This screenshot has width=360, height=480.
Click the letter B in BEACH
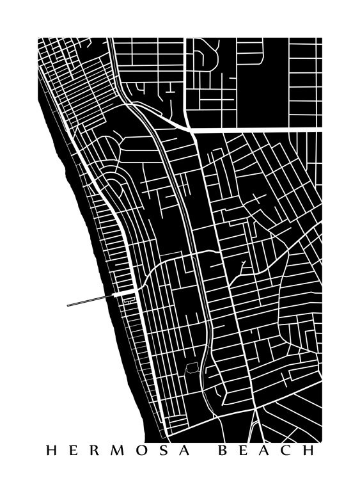pyautogui.click(x=223, y=451)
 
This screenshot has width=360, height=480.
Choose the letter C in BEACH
pyautogui.click(x=287, y=451)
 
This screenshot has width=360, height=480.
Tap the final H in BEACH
pyautogui.click(x=310, y=451)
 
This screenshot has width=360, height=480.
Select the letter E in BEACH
pyautogui.click(x=244, y=451)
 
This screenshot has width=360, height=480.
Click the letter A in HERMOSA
pyautogui.click(x=187, y=451)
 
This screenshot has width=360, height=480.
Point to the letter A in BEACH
pyautogui.click(x=265, y=451)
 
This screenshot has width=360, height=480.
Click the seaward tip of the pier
pyautogui.click(x=68, y=305)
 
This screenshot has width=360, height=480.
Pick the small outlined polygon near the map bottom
pyautogui.click(x=191, y=369)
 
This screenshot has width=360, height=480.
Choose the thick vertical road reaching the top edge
pyautogui.click(x=185, y=77)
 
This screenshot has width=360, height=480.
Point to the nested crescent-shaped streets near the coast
pyautogui.click(x=113, y=189)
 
